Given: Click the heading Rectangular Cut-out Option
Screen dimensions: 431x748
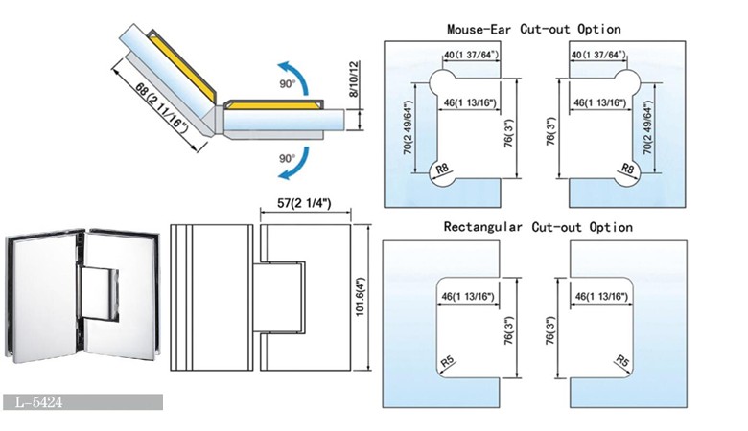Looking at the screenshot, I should pos(538,227).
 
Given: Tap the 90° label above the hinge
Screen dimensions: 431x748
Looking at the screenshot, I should pos(258,83).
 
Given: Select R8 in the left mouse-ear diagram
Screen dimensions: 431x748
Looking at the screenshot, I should pos(443,170).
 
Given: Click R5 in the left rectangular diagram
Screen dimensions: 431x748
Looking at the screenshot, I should pos(448,362).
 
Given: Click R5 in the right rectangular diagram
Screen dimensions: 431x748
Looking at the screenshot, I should pos(623,362).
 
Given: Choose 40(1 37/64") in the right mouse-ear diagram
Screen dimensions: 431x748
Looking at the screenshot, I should pos(600,57).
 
